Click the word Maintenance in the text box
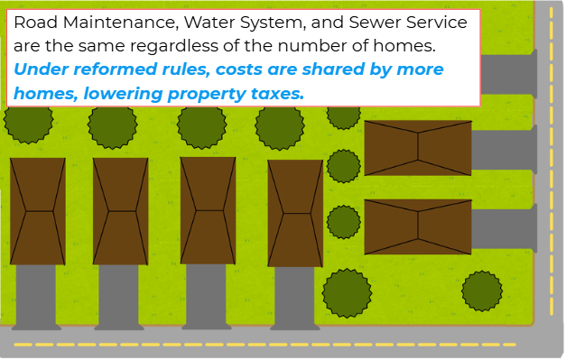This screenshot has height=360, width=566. (x=105, y=21)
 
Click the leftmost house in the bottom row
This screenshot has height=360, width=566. (x=37, y=211)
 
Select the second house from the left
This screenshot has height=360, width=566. (x=120, y=211)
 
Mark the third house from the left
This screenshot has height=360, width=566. (x=208, y=211)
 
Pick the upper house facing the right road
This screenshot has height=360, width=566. (x=417, y=148)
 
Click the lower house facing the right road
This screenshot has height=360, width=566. (x=417, y=226)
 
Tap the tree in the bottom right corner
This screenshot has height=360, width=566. (x=482, y=290)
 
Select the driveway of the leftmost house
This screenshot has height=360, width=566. (x=37, y=296)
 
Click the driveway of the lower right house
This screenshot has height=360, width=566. (x=503, y=229)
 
